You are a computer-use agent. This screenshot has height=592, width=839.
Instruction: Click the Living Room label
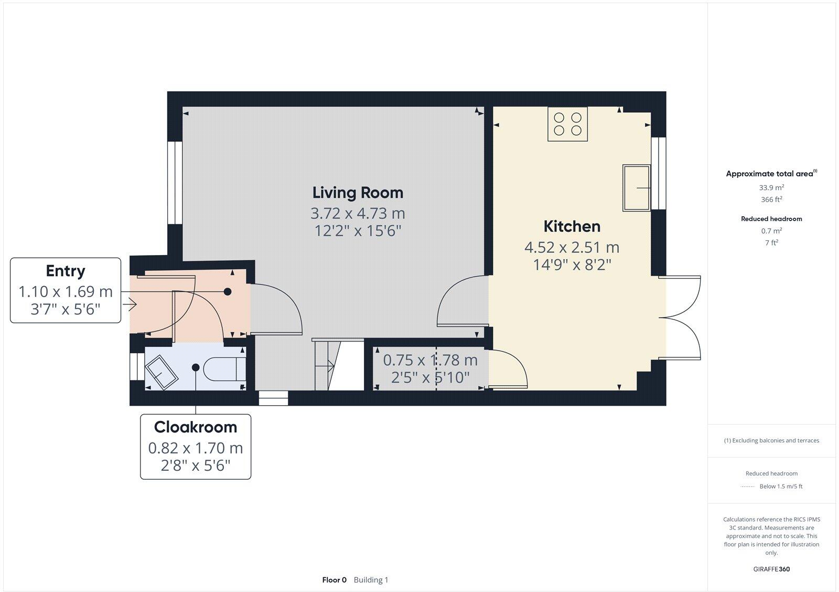point(358,193)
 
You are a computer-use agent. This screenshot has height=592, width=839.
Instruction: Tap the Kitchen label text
point(572,227)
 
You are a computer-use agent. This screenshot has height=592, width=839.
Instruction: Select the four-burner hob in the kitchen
point(567,124)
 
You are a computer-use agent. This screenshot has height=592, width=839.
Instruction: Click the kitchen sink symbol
point(636,187)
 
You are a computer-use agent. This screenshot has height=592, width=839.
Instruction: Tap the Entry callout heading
point(65,271)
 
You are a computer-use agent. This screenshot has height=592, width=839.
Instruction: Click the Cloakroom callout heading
point(195,427)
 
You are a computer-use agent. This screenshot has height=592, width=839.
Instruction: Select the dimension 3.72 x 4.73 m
point(358,214)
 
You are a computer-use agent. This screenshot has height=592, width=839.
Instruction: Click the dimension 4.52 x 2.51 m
point(572,247)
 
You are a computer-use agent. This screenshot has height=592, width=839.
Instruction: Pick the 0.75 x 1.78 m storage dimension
point(430,361)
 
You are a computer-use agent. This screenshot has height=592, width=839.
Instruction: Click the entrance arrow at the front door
point(129,304)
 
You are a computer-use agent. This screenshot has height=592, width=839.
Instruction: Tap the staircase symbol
point(338,365)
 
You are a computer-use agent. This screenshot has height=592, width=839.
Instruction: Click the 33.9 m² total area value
point(771,187)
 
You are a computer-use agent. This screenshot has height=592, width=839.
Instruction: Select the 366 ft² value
point(771,199)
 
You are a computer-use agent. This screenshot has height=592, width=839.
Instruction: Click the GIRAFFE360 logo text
point(771,569)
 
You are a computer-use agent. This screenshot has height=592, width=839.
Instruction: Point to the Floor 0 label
point(334,580)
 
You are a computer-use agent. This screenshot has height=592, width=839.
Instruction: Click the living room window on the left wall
point(175,183)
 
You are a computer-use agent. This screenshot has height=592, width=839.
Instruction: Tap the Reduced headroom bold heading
point(771,219)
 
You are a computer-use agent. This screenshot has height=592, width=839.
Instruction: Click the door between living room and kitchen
point(461,302)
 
